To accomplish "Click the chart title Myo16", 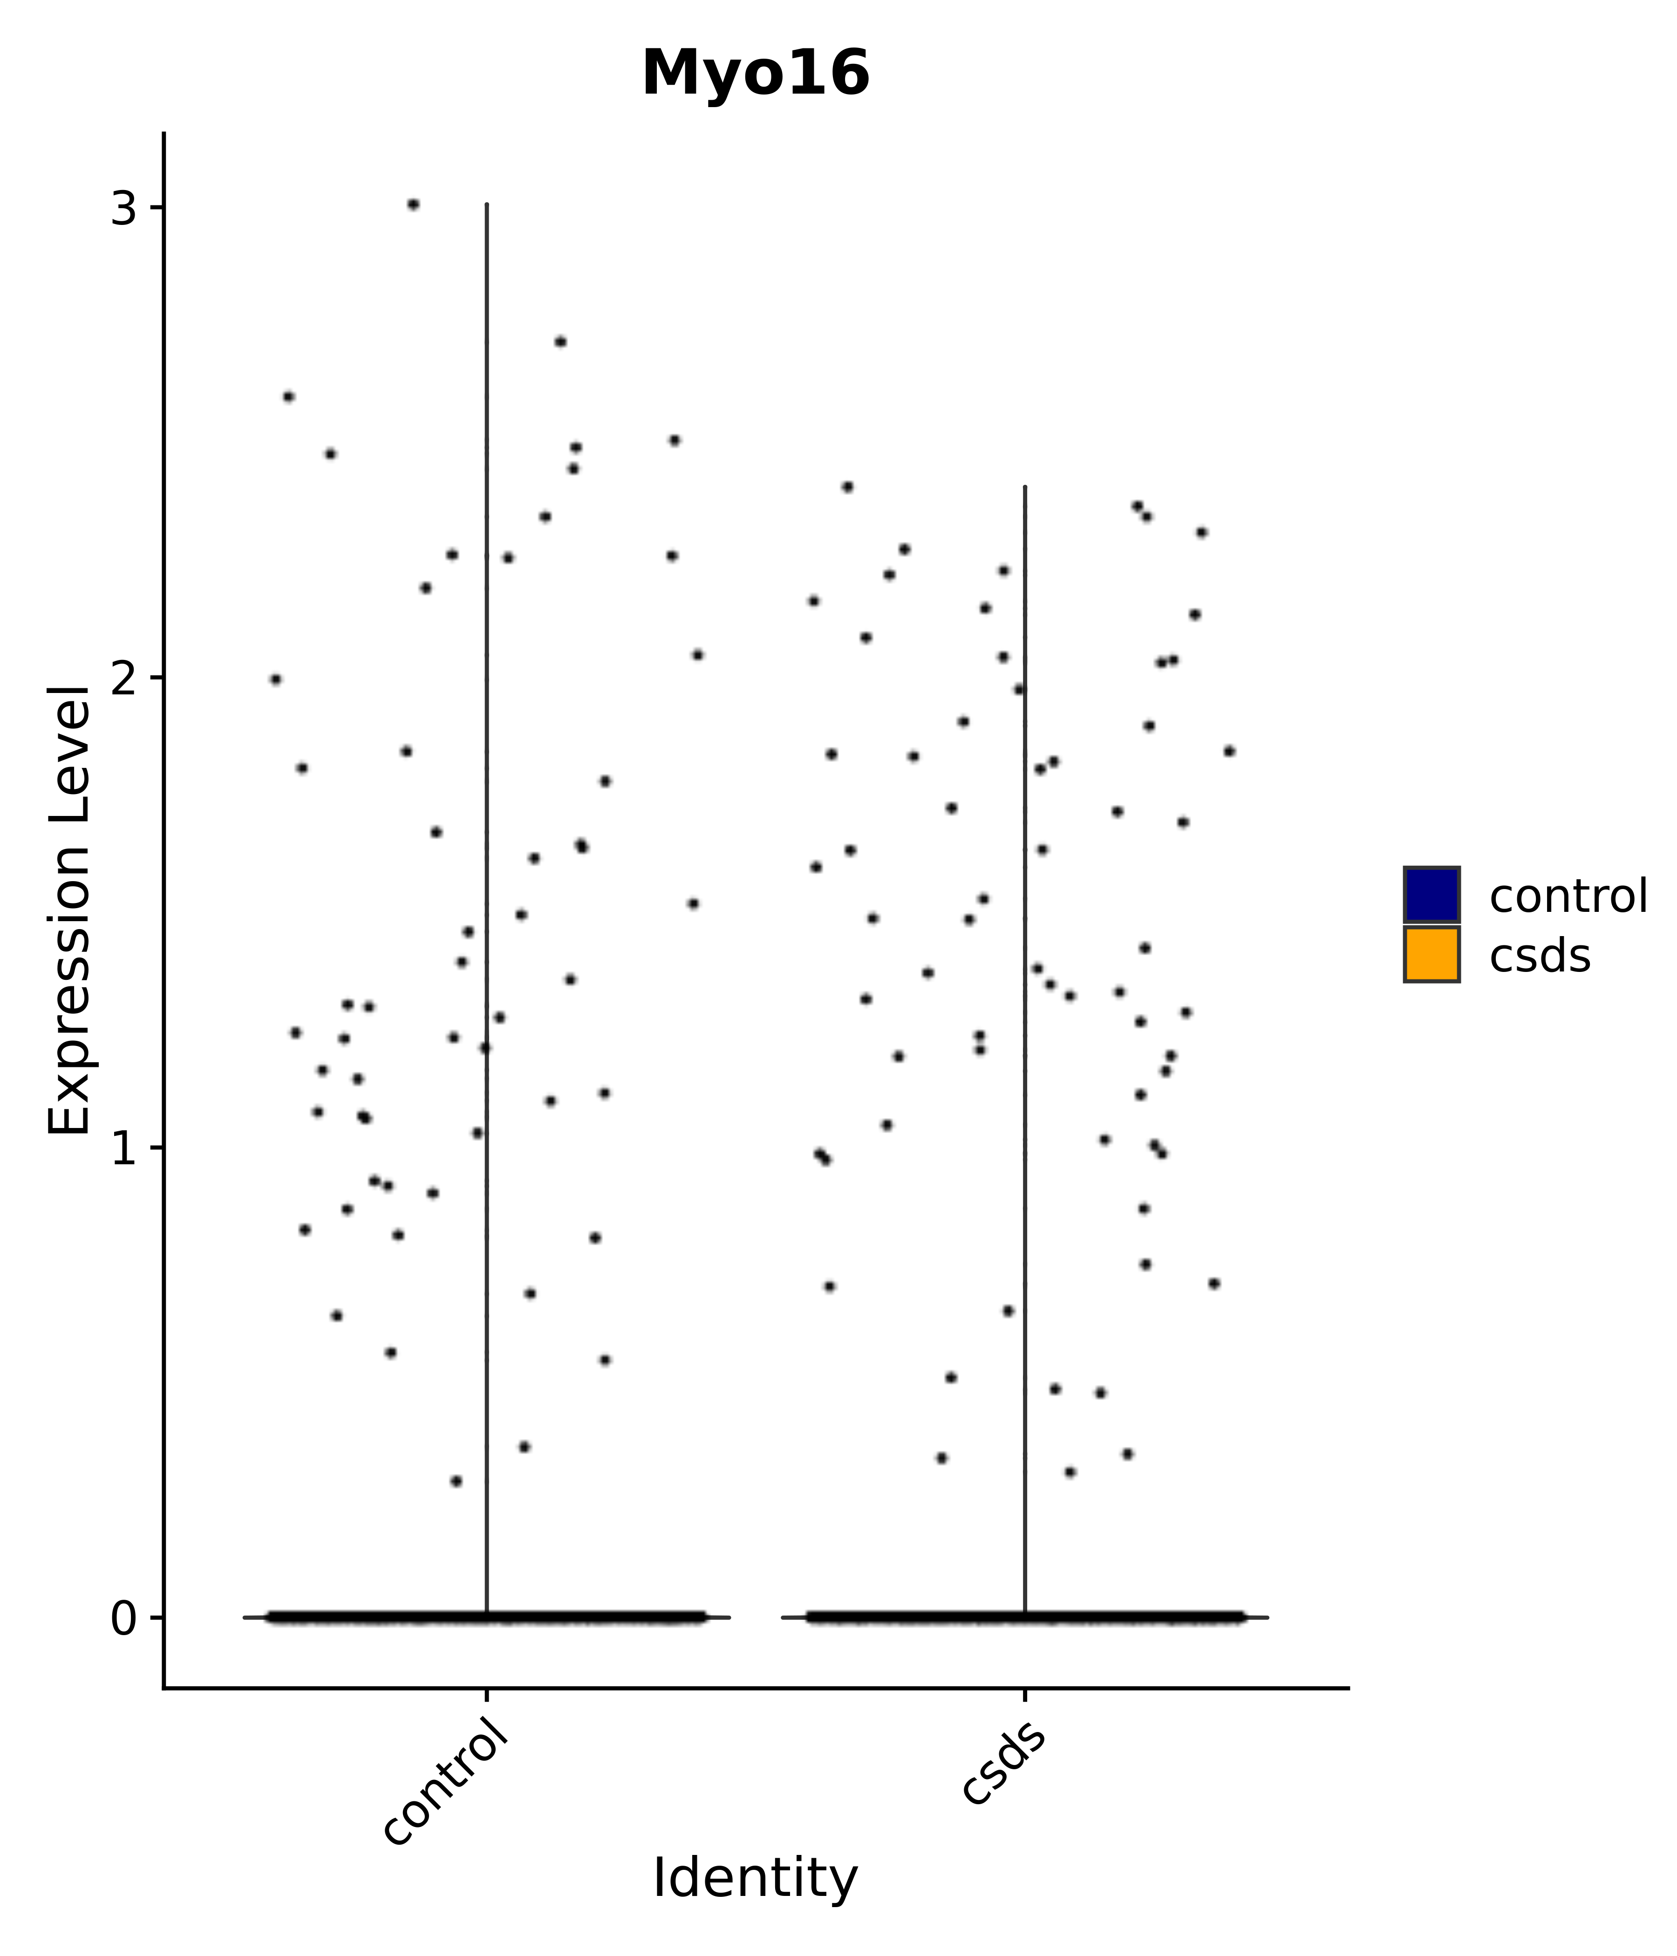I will pos(756,74).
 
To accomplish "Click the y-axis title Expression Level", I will pos(70,911).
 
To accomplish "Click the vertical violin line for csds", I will pos(1024,944).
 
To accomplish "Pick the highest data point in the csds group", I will pos(847,487).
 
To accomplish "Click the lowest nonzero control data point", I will pos(456,1481).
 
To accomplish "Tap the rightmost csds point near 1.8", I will pos(1228,752).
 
